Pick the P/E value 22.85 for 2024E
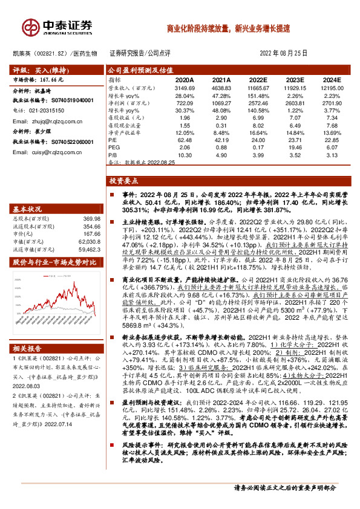coord(330,139)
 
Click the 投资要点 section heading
coord(123,180)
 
